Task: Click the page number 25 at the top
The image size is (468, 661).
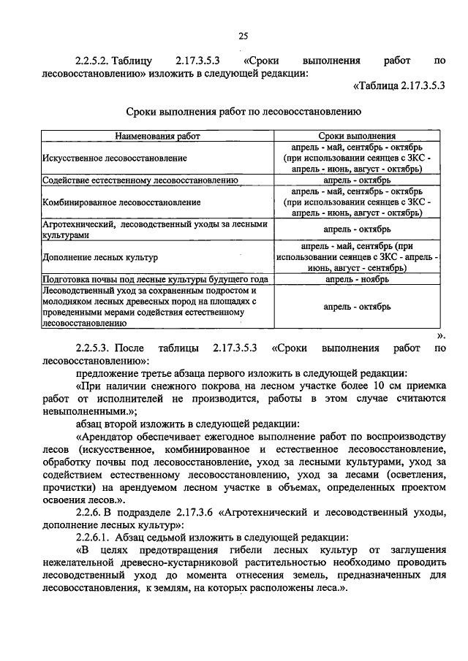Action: (243, 37)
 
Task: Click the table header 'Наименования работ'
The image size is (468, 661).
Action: (156, 136)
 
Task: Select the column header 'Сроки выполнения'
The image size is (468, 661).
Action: (357, 136)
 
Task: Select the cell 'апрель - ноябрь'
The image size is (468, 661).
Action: (357, 279)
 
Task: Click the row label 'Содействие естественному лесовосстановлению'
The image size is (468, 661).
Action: (140, 179)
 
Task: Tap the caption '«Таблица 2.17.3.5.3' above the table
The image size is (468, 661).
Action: (399, 86)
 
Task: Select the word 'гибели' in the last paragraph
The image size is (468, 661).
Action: (247, 550)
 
